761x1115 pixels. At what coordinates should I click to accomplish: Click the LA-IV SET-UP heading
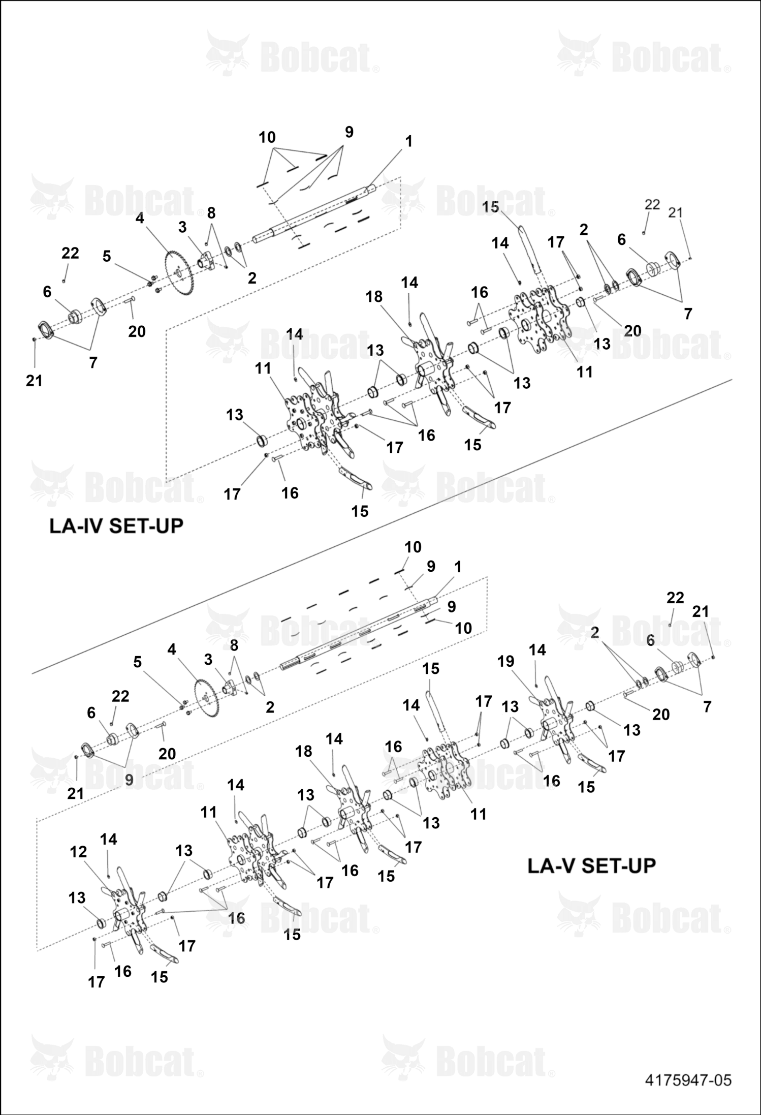[x=116, y=526]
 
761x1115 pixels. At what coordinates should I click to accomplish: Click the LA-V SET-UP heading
[x=592, y=865]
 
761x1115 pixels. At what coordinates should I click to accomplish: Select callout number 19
[x=506, y=661]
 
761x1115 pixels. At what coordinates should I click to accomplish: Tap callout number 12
[x=78, y=852]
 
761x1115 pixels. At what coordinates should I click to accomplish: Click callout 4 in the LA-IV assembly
[x=140, y=218]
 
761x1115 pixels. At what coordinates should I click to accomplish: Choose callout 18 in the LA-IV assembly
[x=374, y=296]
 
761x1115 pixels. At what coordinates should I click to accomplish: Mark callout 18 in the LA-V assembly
[x=304, y=751]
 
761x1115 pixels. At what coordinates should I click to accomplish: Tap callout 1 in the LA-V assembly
[x=458, y=567]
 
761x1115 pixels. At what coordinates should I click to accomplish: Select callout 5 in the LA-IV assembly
[x=106, y=256]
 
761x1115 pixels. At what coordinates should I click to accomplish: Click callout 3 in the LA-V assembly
[x=208, y=660]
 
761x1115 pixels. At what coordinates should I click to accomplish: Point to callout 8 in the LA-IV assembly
[x=211, y=212]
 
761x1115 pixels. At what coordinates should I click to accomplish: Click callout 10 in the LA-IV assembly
[x=267, y=137]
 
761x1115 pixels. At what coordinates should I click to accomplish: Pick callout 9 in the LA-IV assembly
[x=349, y=132]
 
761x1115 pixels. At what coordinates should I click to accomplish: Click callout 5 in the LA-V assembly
[x=138, y=662]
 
